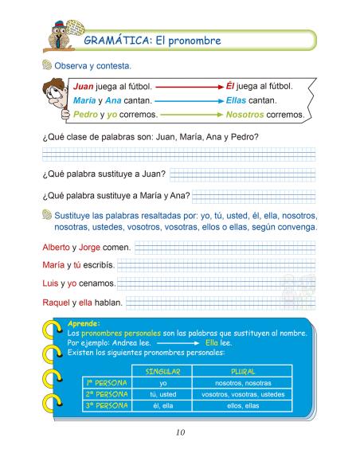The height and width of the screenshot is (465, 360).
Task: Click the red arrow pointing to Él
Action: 188,85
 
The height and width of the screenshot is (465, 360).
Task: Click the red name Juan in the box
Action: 85,86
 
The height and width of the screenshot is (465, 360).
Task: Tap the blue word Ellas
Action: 241,101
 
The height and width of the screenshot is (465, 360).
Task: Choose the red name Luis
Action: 50,283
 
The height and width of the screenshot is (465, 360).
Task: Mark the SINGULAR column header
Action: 162,372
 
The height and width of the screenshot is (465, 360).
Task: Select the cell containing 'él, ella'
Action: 162,405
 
